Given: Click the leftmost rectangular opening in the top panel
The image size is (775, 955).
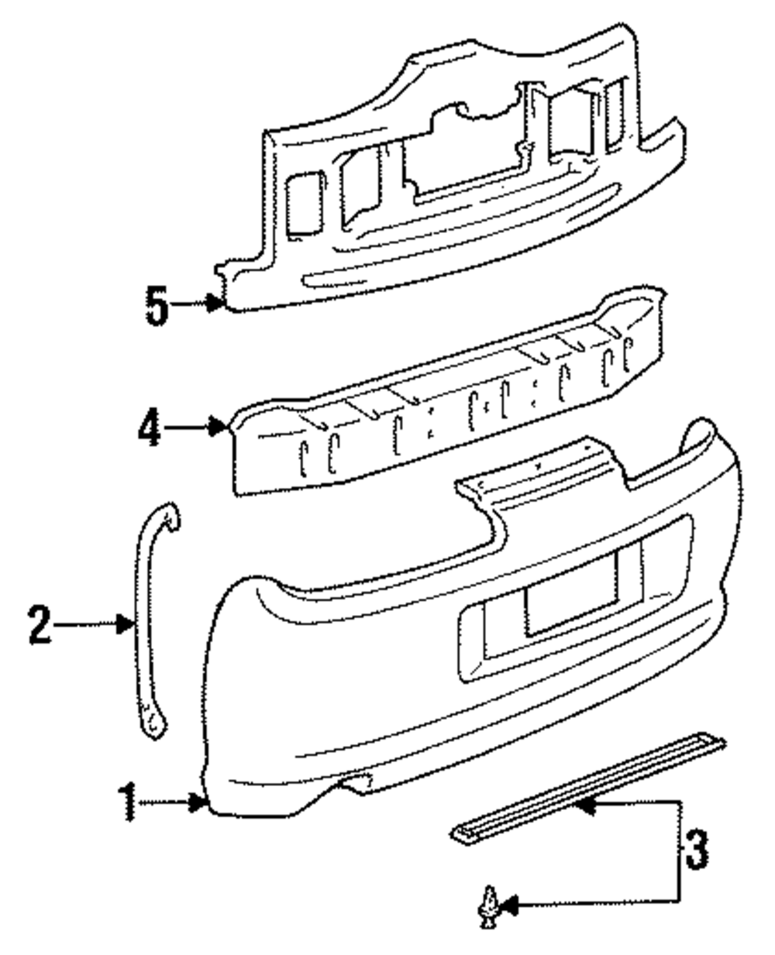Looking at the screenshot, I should pyautogui.click(x=305, y=203).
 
